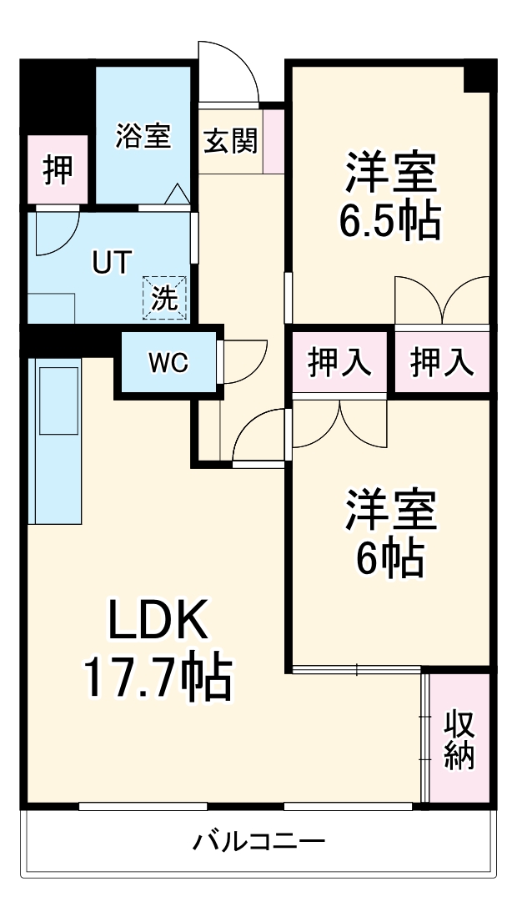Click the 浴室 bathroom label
click(x=143, y=136)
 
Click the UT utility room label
click(x=111, y=263)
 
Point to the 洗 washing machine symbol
click(x=164, y=298)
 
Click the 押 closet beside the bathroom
click(x=58, y=170)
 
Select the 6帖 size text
click(x=389, y=559)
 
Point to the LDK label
click(x=156, y=622)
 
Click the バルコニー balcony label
click(x=258, y=841)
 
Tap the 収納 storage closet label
click(x=459, y=739)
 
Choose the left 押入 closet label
click(x=339, y=362)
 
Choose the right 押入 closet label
click(x=442, y=362)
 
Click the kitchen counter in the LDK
click(x=57, y=442)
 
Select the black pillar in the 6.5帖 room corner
click(x=479, y=77)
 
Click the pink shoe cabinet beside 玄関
click(x=274, y=141)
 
